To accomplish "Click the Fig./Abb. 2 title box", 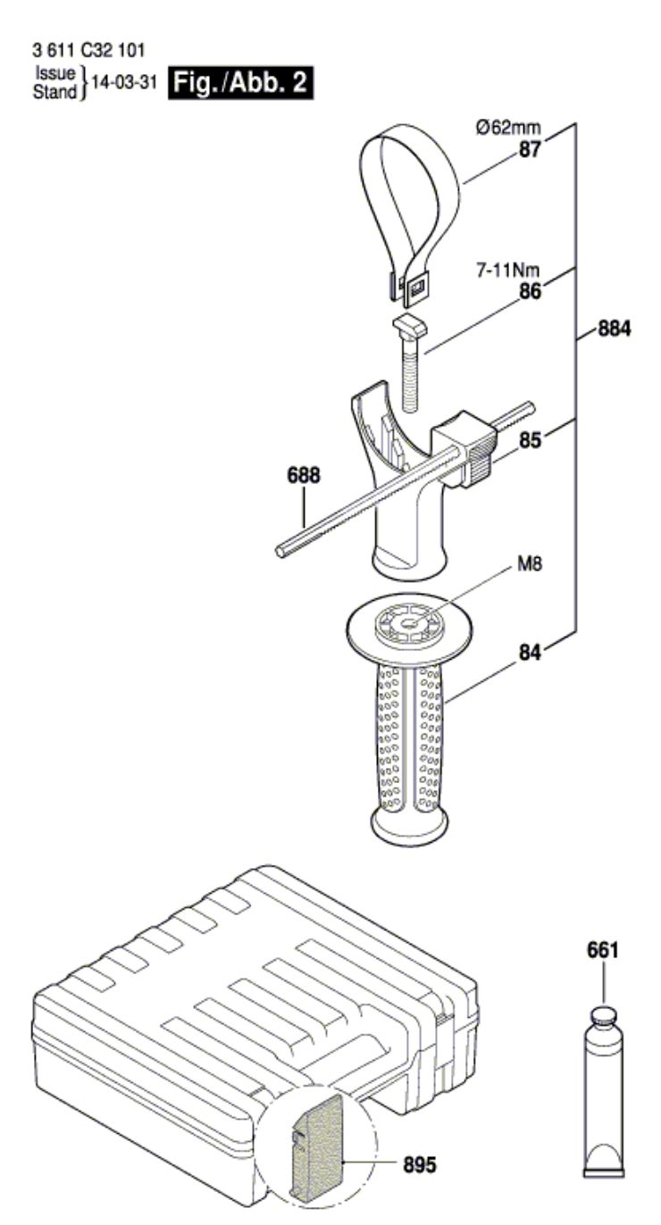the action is click(240, 83).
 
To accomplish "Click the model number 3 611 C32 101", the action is click(88, 51).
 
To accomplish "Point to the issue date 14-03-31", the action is click(124, 82).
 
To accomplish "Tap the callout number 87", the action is click(530, 149).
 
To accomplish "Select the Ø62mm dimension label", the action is click(508, 128).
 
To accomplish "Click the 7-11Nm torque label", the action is click(507, 271).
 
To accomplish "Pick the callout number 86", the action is click(530, 291).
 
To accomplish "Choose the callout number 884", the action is click(614, 329).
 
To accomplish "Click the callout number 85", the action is click(530, 440).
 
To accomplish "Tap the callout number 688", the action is click(304, 475).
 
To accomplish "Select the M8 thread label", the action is click(529, 563).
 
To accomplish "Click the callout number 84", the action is click(530, 653).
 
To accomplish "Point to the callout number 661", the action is click(602, 950).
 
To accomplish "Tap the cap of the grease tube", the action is click(603, 1016).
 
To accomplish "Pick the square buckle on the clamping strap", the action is click(417, 287).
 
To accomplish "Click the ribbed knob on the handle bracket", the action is click(481, 457).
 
